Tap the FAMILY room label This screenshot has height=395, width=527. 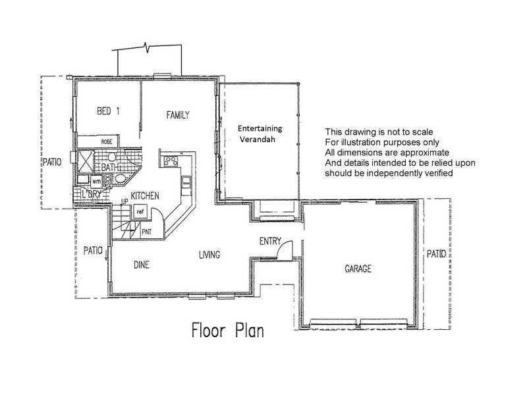[x=178, y=115]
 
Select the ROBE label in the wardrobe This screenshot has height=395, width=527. [x=106, y=142]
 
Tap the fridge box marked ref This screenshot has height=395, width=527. [x=140, y=212]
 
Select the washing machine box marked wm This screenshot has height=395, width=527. [x=96, y=180]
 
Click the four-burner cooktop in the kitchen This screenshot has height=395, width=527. [x=171, y=159]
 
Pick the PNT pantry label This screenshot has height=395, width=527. [x=146, y=232]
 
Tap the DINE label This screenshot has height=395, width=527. [x=142, y=265]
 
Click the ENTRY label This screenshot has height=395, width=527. [x=270, y=242]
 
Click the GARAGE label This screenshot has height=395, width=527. [x=358, y=269]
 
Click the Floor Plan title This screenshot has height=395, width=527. [x=228, y=329]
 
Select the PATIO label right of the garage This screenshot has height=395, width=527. [x=435, y=253]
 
